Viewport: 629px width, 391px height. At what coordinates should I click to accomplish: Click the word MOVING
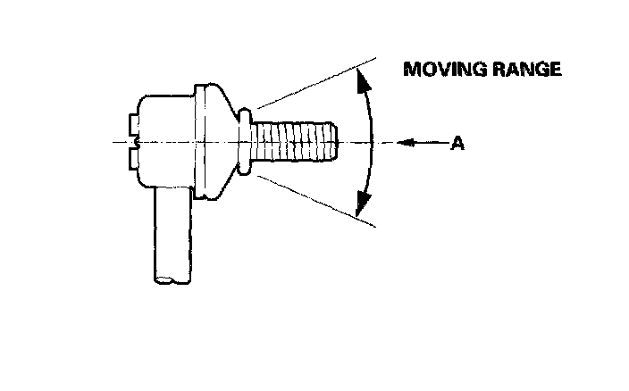click(x=439, y=70)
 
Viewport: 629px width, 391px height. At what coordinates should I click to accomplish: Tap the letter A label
click(x=456, y=143)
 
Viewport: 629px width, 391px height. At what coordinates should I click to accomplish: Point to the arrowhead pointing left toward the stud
click(x=402, y=142)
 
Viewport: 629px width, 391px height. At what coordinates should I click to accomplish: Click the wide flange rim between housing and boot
click(x=207, y=141)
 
